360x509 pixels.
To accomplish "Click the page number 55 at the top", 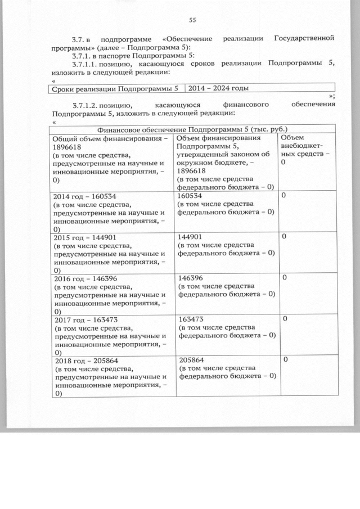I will coord(192,21).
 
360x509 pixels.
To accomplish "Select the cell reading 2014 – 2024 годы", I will coord(218,88).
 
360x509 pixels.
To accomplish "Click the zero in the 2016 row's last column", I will coord(284,278).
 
